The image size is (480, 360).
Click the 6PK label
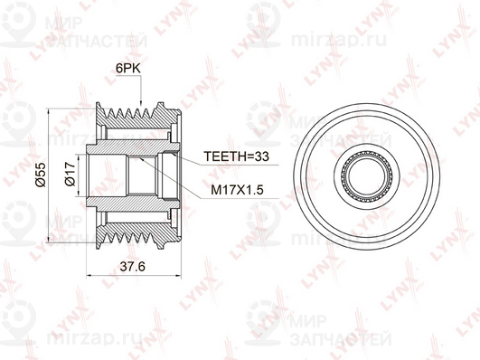[x=128, y=69]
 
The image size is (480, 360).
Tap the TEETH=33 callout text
[x=236, y=156]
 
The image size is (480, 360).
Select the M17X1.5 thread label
[x=237, y=190]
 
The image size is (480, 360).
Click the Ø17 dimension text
[x=71, y=174]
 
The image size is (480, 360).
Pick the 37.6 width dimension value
[x=132, y=267]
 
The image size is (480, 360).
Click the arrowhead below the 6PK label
[x=141, y=102]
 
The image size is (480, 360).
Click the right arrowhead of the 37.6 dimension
[x=177, y=276]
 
